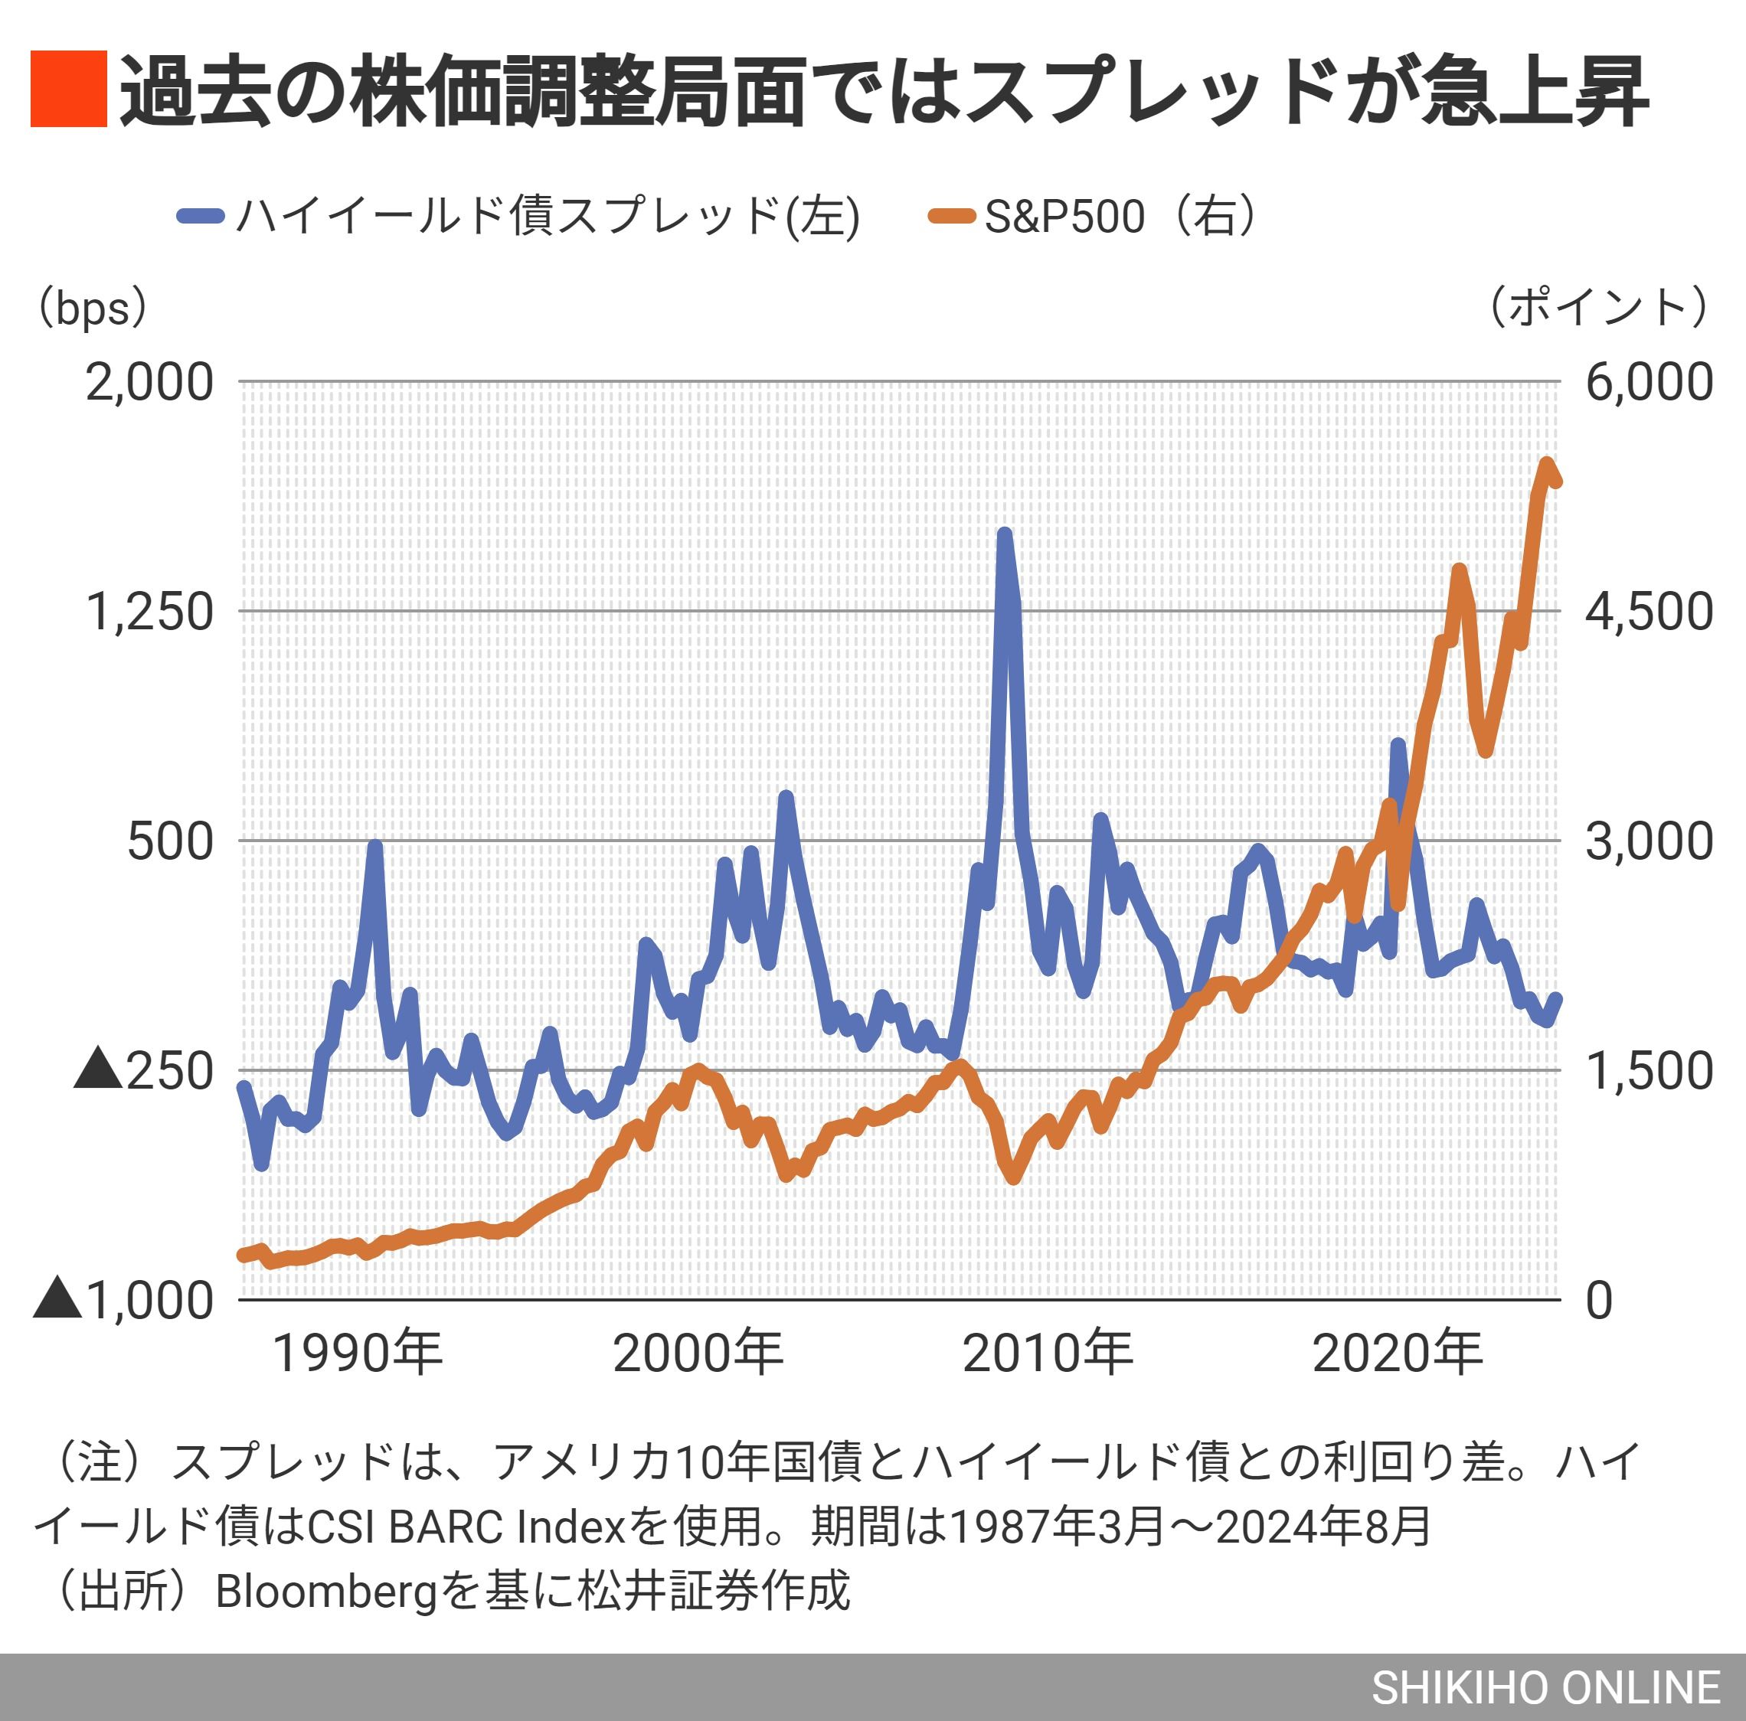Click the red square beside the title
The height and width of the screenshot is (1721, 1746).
pyautogui.click(x=69, y=89)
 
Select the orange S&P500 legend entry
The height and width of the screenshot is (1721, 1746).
pyautogui.click(x=1092, y=217)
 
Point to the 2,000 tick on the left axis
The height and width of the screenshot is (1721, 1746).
pyautogui.click(x=149, y=382)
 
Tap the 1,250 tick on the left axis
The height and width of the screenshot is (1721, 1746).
pyautogui.click(x=149, y=612)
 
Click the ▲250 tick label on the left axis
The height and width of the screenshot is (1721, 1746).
pyautogui.click(x=145, y=1070)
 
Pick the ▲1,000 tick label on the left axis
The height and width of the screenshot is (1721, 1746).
pyautogui.click(x=125, y=1300)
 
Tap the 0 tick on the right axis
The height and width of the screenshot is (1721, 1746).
pyautogui.click(x=1599, y=1301)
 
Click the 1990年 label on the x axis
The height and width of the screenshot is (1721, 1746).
pyautogui.click(x=357, y=1354)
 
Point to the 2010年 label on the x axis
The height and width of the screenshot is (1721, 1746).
pyautogui.click(x=1048, y=1354)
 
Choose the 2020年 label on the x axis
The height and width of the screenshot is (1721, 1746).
pyautogui.click(x=1397, y=1354)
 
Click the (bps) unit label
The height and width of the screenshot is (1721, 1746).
pyautogui.click(x=90, y=309)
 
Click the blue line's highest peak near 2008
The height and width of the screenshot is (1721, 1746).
pyautogui.click(x=1004, y=535)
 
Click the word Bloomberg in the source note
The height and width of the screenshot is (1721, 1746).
pyautogui.click(x=326, y=1591)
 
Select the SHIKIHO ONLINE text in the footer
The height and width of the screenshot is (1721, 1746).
pyautogui.click(x=1545, y=1687)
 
